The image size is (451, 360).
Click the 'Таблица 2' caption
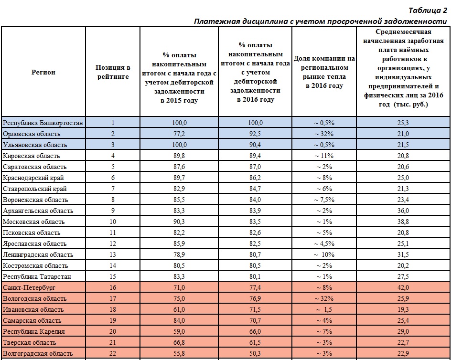428,11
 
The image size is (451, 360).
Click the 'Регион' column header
43,72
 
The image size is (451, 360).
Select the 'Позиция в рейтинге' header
113,72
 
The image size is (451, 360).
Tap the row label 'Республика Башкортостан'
43,123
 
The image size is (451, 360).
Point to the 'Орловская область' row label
32,134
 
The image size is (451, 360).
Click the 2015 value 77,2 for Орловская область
179,134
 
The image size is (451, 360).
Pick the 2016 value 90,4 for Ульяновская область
255,145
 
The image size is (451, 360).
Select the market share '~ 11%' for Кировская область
324,156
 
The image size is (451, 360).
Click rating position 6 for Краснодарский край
113,178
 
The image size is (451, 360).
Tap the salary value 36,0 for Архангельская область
403,211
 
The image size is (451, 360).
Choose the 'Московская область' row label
33,222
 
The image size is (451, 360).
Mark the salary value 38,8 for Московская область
403,222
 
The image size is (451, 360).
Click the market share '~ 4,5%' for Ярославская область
324,244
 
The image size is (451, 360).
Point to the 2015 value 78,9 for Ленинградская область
179,254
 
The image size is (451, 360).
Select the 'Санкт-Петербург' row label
29,287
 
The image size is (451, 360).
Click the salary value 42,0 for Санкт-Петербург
403,287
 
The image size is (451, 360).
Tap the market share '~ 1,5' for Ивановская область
324,309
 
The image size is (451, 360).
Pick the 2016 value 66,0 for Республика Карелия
255,331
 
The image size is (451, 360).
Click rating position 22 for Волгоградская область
113,353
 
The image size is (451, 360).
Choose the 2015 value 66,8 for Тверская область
179,342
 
